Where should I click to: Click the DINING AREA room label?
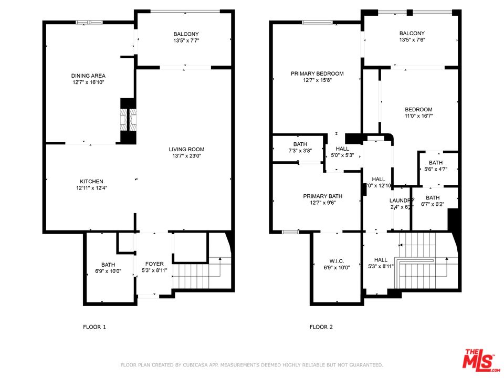tap(89, 76)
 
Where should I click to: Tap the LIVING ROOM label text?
tap(186, 149)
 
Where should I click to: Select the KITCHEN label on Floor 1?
tap(91, 181)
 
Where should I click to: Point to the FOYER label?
tap(154, 264)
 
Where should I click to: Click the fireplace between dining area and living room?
tap(128, 120)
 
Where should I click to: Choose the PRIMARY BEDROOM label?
tap(317, 73)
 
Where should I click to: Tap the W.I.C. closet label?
tap(337, 261)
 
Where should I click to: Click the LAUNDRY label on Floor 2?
tap(402, 200)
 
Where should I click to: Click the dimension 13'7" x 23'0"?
tap(186, 156)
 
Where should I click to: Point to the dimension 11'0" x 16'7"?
tap(418, 116)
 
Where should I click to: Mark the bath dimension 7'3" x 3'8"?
tap(300, 151)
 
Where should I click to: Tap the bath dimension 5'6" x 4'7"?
tap(435, 169)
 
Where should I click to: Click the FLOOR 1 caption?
tap(94, 327)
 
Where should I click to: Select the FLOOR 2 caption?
tap(321, 327)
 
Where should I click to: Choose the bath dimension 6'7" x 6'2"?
tap(433, 205)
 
